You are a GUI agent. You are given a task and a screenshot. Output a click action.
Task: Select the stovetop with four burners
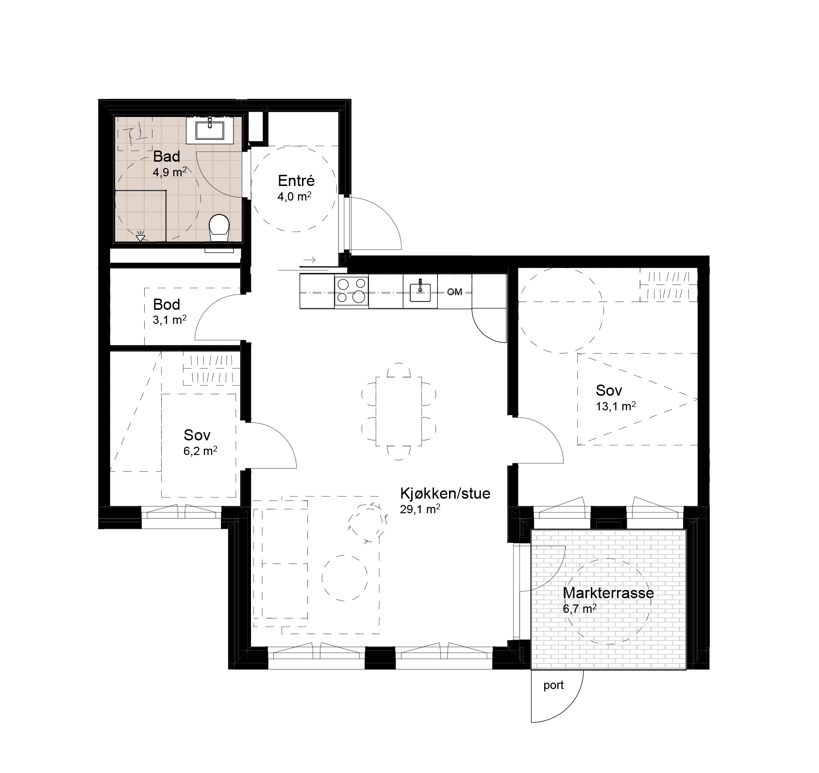pyautogui.click(x=351, y=291)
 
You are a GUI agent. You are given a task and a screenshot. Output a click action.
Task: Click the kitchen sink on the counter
pyautogui.click(x=420, y=291)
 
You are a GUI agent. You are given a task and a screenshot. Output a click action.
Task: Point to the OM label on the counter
pyautogui.click(x=454, y=292)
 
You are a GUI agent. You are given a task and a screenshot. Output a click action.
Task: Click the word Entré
pyautogui.click(x=296, y=181)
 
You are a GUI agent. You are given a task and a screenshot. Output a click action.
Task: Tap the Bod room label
pyautogui.click(x=167, y=304)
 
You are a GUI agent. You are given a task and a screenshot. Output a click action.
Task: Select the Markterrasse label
pyautogui.click(x=608, y=593)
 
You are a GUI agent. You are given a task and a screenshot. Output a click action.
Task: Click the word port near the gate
pyautogui.click(x=553, y=685)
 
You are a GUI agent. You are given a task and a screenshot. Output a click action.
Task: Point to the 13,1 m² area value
pyautogui.click(x=616, y=406)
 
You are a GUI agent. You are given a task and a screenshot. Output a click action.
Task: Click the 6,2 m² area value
pyautogui.click(x=200, y=451)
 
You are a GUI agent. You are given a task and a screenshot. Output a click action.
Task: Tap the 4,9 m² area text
pyautogui.click(x=170, y=172)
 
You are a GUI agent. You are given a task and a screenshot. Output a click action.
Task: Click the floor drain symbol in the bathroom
pyautogui.click(x=141, y=237)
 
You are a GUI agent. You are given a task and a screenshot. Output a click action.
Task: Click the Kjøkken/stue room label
pyautogui.click(x=445, y=494)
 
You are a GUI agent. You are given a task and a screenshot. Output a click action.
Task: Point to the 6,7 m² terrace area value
pyautogui.click(x=580, y=609)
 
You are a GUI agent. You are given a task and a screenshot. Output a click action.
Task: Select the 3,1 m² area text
pyautogui.click(x=170, y=320)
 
